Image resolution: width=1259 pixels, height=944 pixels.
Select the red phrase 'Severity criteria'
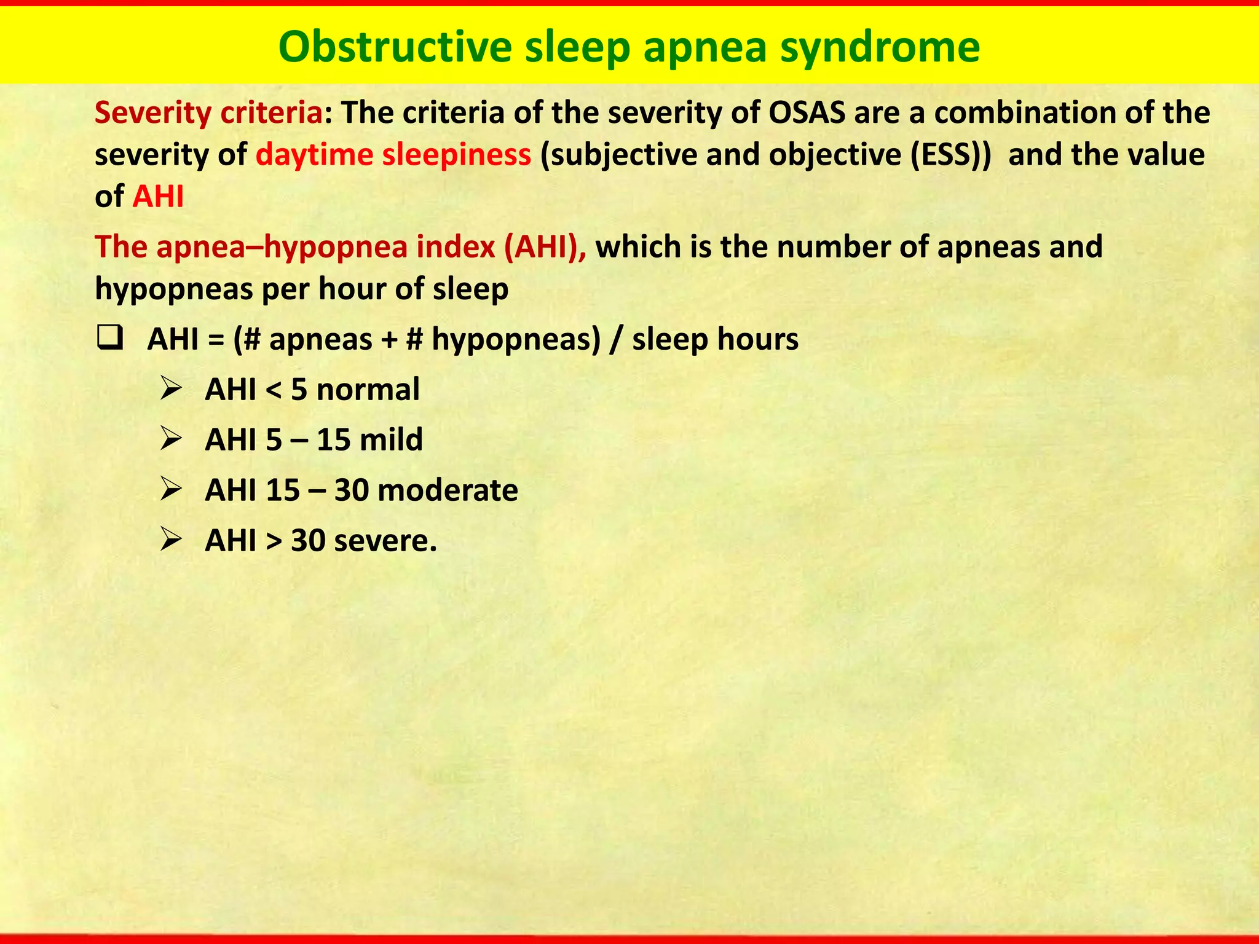click(x=208, y=113)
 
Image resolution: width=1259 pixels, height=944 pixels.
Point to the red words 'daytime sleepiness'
click(x=393, y=155)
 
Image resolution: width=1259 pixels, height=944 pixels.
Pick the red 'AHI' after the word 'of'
click(x=158, y=197)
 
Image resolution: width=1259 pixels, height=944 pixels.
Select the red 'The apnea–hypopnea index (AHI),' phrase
click(x=341, y=247)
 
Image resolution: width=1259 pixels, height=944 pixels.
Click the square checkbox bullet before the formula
click(x=110, y=339)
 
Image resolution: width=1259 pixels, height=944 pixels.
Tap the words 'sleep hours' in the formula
click(x=715, y=339)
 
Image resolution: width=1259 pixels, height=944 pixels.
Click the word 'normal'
click(x=368, y=390)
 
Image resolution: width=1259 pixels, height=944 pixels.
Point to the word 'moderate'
click(x=448, y=490)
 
